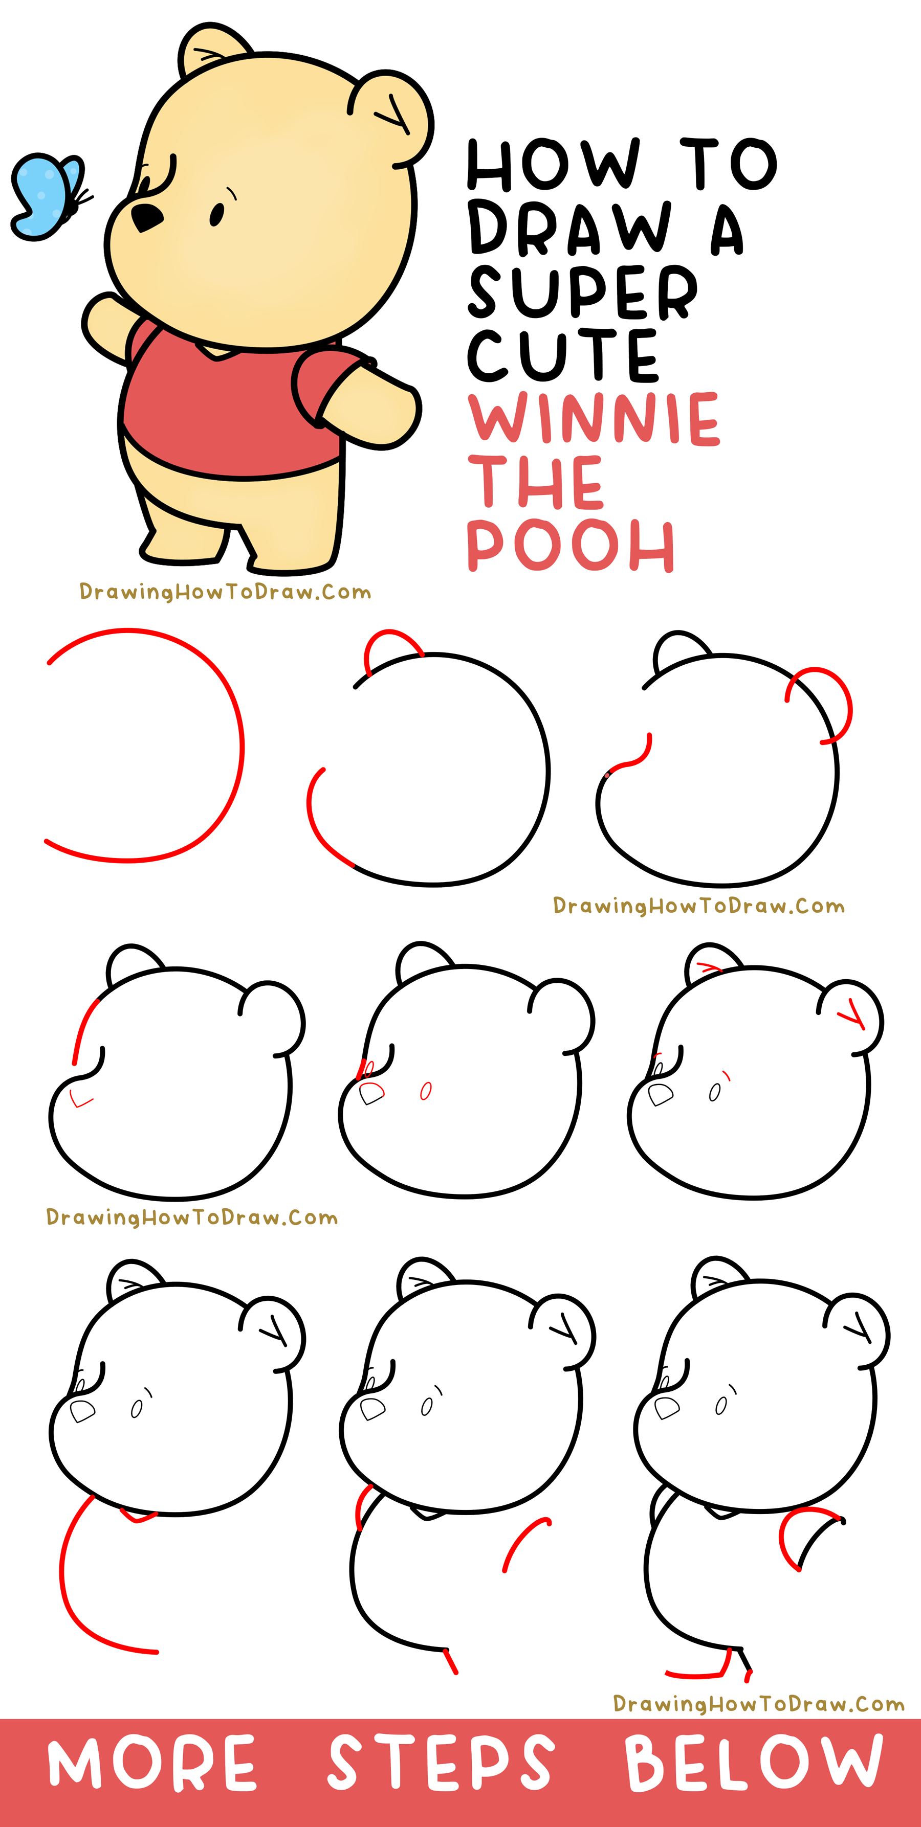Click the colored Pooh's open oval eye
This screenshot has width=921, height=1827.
[x=217, y=214]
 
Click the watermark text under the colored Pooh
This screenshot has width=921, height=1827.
[x=225, y=592]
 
